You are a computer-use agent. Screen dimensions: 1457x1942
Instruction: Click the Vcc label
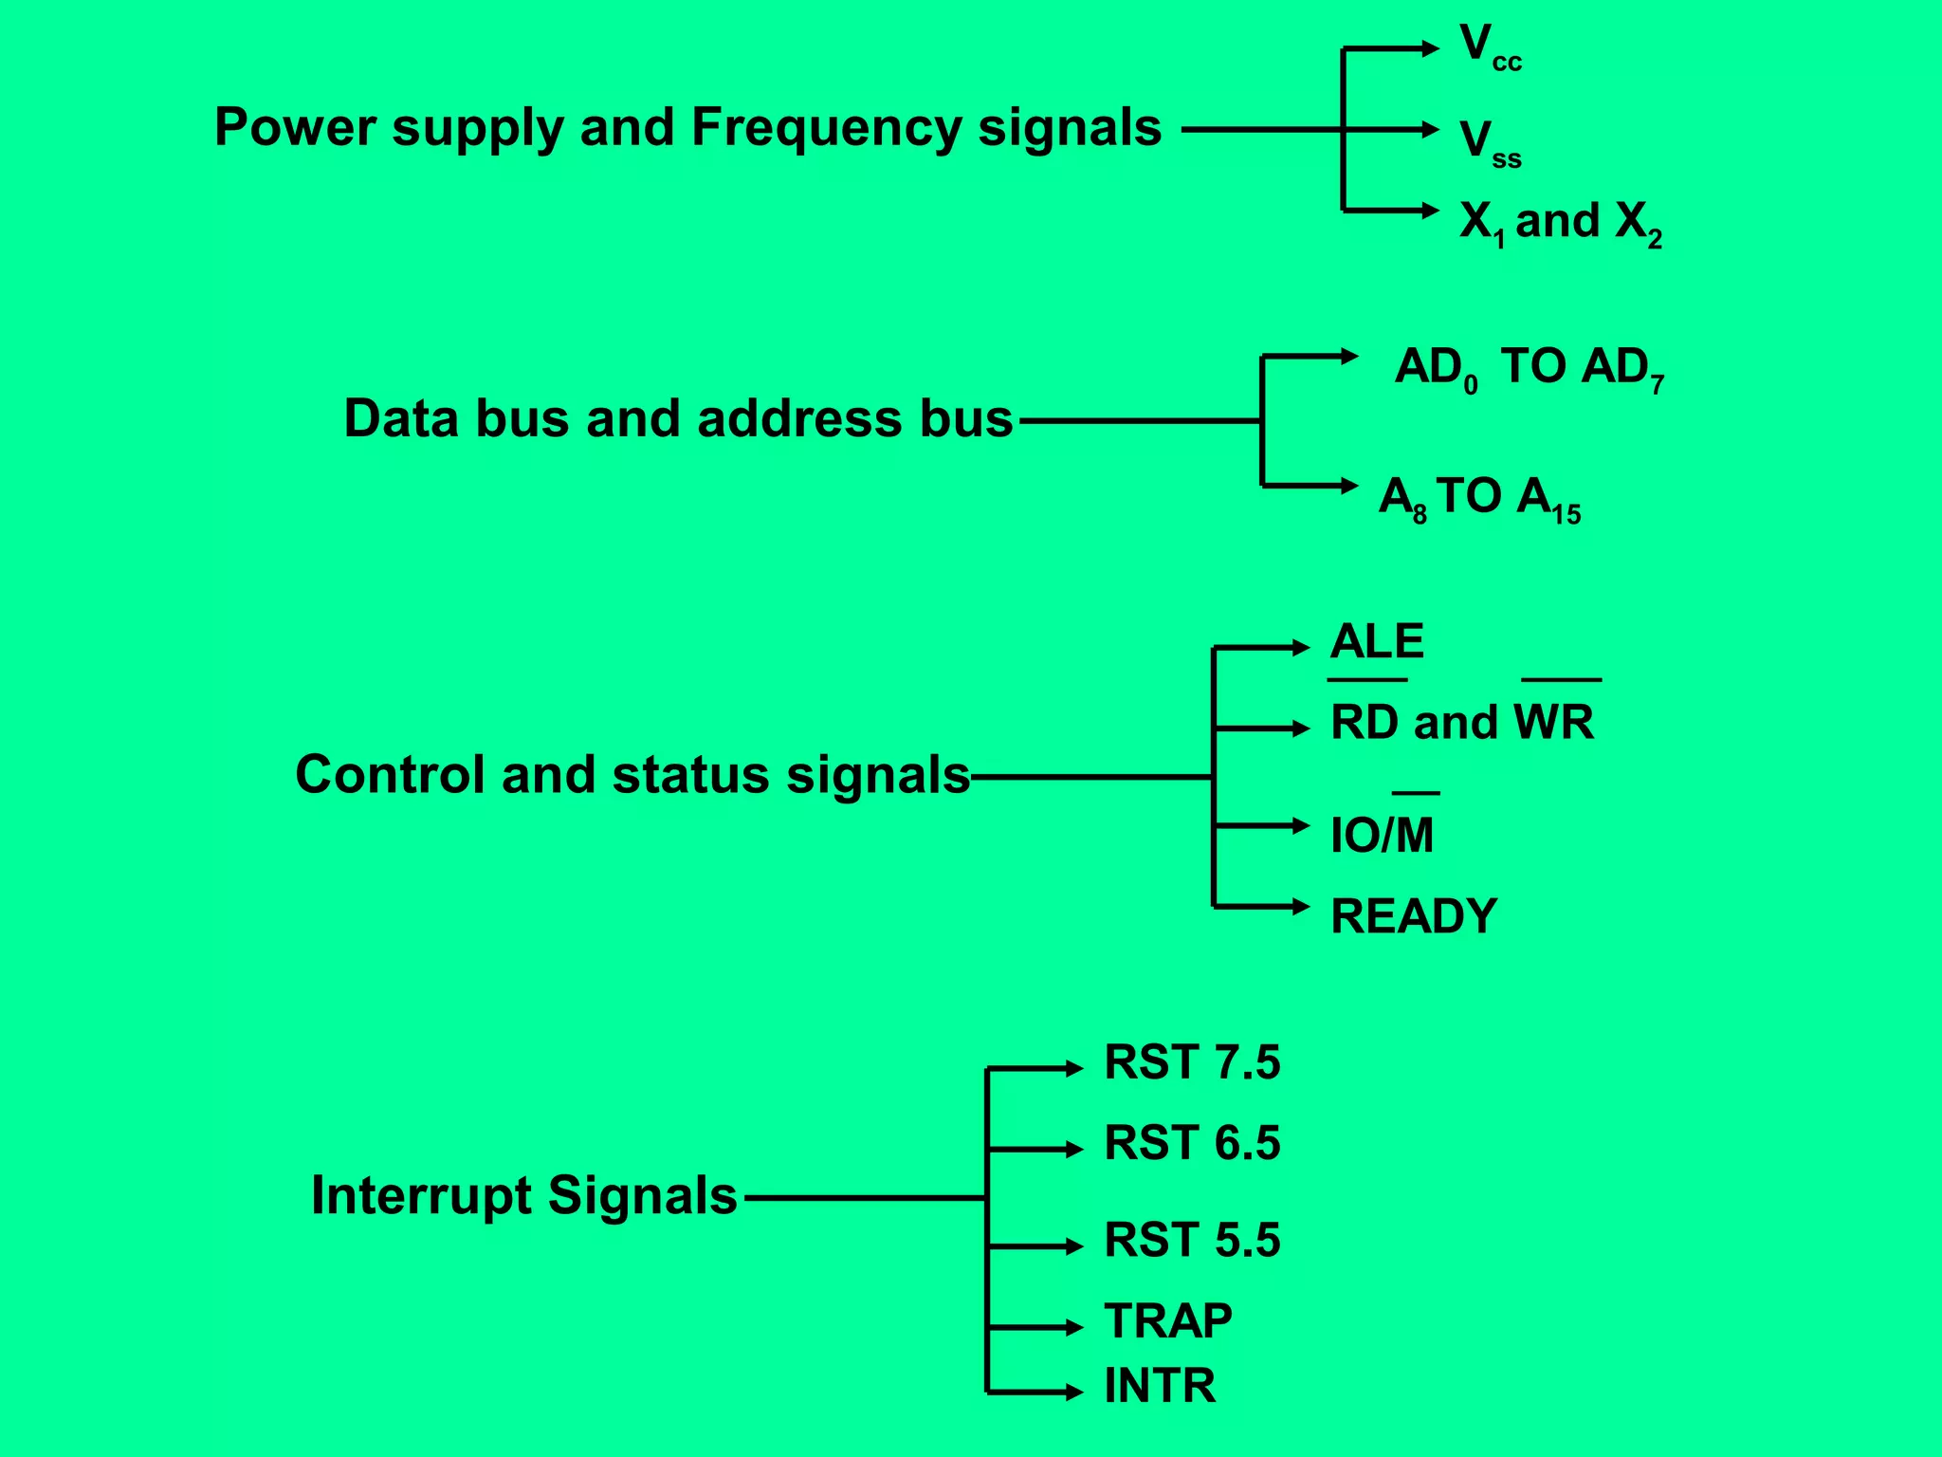tap(1489, 47)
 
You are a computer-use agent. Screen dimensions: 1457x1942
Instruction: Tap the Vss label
tap(1489, 142)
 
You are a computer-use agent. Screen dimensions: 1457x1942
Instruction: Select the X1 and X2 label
tap(1560, 223)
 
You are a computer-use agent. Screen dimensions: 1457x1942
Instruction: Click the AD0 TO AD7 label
tap(1529, 368)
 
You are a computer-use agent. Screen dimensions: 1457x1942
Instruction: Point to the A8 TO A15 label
tap(1479, 498)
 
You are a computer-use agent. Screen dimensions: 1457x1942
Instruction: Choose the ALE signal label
tap(1377, 642)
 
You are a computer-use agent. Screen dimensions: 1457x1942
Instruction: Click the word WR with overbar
tap(1555, 722)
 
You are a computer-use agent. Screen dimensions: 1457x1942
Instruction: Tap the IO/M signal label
tap(1382, 835)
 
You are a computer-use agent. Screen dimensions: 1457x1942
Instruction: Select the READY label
tap(1413, 916)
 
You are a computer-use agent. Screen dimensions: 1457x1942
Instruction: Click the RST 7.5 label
tap(1192, 1062)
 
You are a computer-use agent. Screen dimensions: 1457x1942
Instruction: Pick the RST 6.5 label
tap(1192, 1143)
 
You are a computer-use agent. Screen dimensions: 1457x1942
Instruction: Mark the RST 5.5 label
tap(1192, 1241)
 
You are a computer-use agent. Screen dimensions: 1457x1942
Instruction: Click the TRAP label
tap(1168, 1321)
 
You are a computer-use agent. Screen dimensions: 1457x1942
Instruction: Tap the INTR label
tap(1160, 1386)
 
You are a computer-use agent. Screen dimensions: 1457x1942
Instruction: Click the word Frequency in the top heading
tap(825, 128)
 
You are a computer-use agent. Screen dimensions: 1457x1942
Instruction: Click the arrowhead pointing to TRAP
tap(1074, 1327)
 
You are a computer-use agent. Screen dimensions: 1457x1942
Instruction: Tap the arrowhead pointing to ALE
tap(1301, 648)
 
